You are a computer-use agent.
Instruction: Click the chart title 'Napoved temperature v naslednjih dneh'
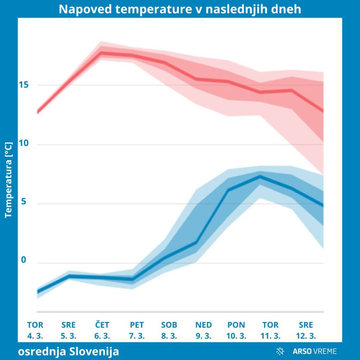(180, 9)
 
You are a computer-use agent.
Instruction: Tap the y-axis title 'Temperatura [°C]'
(9, 180)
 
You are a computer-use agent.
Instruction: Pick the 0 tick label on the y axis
(24, 260)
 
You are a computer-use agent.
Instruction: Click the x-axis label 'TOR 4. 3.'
(35, 330)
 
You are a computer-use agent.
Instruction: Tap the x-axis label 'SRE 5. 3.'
(69, 330)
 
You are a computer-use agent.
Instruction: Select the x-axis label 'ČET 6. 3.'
(102, 330)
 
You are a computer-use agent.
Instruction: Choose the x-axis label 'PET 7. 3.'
(137, 330)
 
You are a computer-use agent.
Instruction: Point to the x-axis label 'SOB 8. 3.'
(169, 330)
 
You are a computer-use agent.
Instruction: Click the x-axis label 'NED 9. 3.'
(204, 330)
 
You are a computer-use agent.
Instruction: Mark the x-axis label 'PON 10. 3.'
(236, 330)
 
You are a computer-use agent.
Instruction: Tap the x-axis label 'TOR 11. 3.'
(270, 330)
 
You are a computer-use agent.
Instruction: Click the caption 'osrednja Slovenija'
(69, 351)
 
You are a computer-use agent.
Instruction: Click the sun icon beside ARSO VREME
(280, 351)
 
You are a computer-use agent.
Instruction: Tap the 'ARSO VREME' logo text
(315, 351)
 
